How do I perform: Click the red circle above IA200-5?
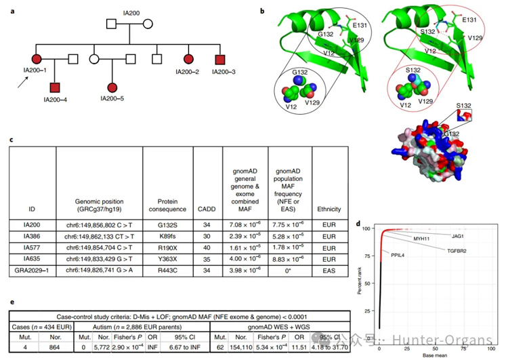click(x=112, y=87)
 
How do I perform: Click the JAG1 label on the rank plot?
click(x=458, y=236)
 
